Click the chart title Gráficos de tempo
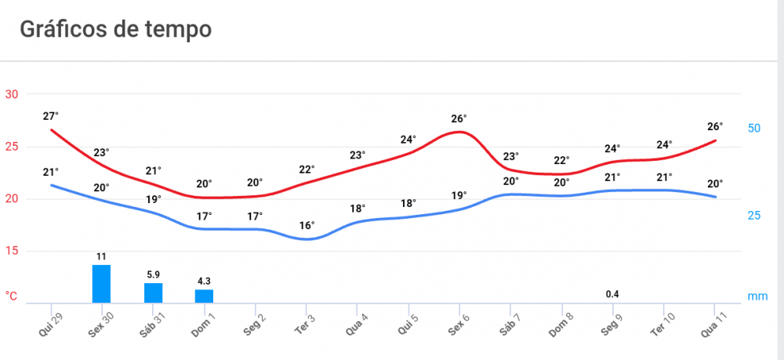(x=115, y=30)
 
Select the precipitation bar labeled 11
(x=101, y=284)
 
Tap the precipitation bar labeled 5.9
(x=153, y=293)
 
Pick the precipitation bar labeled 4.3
(x=204, y=296)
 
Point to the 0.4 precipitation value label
(x=613, y=294)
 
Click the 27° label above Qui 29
(x=51, y=116)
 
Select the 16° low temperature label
(x=307, y=226)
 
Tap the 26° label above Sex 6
(x=459, y=119)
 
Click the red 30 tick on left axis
(x=12, y=95)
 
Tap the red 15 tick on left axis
(x=12, y=252)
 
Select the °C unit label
(x=12, y=296)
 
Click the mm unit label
(x=757, y=296)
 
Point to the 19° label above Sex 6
(x=459, y=195)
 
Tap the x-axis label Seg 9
(x=612, y=324)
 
